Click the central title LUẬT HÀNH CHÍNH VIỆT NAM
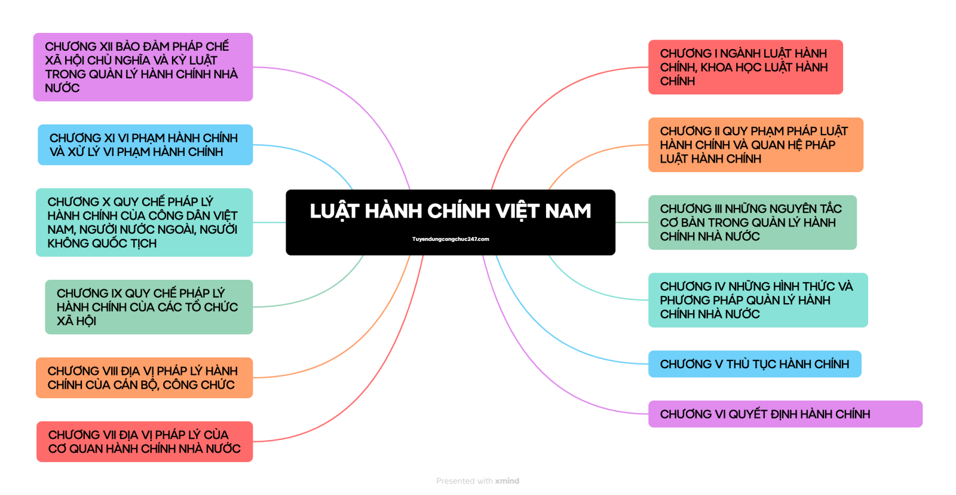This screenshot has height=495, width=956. point(450,212)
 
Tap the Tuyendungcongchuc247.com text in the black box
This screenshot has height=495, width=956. point(451,239)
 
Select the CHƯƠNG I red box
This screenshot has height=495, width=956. point(745,67)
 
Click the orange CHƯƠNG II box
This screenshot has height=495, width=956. point(755,145)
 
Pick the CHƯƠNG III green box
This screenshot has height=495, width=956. point(752,222)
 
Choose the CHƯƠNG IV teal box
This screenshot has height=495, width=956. point(758,300)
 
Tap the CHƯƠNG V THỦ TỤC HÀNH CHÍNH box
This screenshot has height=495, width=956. point(754,364)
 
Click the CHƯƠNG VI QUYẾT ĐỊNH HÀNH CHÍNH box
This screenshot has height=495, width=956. point(785,414)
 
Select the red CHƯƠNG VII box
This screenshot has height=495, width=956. point(145,442)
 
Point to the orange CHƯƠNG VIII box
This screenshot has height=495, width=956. point(144,378)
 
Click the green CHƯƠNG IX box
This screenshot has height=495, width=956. point(149,307)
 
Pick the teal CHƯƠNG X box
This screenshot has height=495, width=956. point(144,222)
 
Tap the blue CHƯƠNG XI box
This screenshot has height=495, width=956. point(145,145)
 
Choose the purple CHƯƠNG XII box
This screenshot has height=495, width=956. point(143,67)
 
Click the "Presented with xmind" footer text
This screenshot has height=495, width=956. point(477,481)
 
